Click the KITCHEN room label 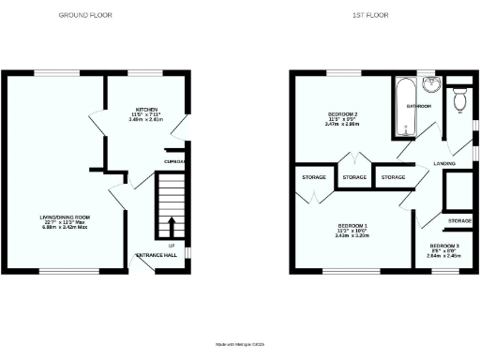point(144,109)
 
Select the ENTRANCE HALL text point(157,255)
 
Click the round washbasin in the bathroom point(430,86)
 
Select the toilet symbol point(459,99)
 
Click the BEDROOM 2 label point(344,114)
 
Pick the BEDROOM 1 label point(352,226)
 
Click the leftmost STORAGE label point(312,177)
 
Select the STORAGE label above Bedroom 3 point(459,220)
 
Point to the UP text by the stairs point(172,246)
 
